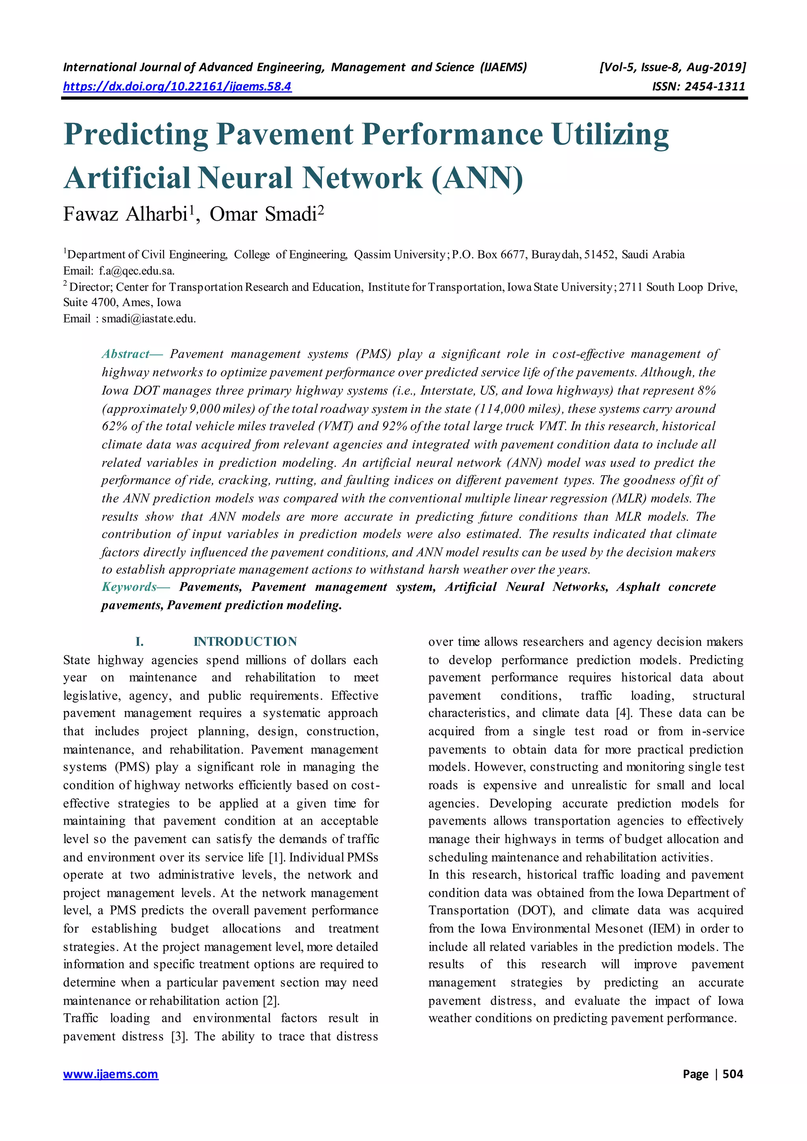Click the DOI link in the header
tap(177, 86)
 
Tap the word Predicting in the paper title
tap(136, 134)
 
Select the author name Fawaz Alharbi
tap(125, 214)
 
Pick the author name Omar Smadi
tap(263, 214)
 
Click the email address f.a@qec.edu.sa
tap(136, 271)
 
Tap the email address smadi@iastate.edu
tap(149, 319)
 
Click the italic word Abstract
tap(125, 354)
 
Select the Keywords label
tap(129, 587)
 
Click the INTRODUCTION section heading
tap(245, 641)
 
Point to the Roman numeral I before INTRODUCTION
tap(139, 641)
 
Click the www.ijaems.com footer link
tap(110, 1074)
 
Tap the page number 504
tap(733, 1074)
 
